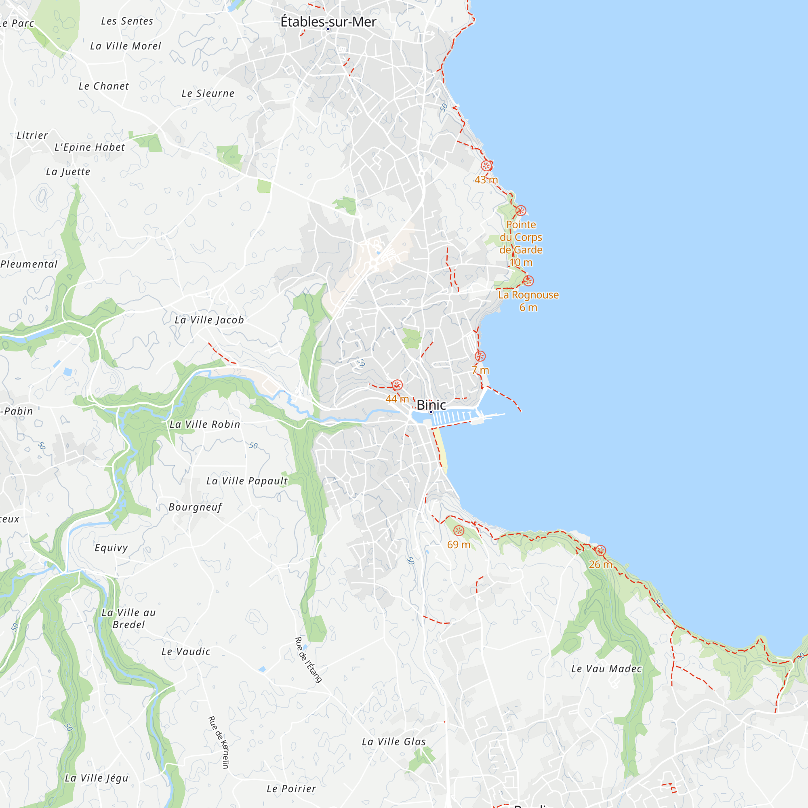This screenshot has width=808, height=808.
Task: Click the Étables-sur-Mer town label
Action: point(328,22)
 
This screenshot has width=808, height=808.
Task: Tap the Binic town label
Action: point(431,405)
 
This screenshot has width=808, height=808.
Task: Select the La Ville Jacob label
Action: point(209,320)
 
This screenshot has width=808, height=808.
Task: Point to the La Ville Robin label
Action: point(205,425)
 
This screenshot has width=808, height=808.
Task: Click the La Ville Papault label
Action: point(247,481)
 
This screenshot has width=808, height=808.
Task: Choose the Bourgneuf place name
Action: point(195,507)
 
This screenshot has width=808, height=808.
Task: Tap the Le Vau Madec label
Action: point(606,669)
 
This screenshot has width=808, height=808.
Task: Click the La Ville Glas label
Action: point(394,742)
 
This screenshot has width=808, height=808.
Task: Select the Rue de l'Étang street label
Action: point(309,660)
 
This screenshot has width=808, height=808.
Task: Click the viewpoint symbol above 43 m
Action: point(486,166)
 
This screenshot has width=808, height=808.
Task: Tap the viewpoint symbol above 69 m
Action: point(459,531)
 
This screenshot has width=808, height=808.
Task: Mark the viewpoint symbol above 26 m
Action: point(601,550)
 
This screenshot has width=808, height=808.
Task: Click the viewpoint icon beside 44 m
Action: point(397,385)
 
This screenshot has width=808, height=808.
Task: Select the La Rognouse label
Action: point(528,295)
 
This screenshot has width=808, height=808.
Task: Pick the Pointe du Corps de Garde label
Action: point(521,238)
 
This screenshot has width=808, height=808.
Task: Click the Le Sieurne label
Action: point(208,94)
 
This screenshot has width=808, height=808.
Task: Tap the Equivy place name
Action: point(111,548)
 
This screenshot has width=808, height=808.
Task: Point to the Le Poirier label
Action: point(292,789)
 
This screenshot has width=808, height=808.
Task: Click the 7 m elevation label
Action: point(480,370)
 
